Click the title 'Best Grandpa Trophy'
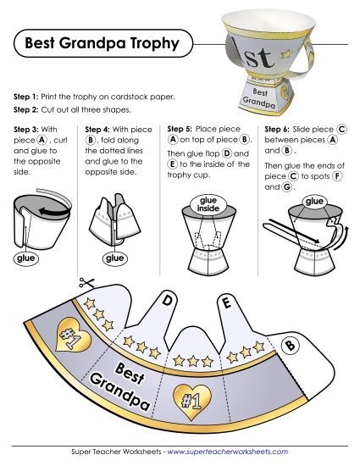click(101, 42)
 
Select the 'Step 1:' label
click(30, 97)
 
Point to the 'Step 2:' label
click(30, 110)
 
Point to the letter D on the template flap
click(168, 300)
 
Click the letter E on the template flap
click(225, 301)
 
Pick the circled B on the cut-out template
click(289, 345)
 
